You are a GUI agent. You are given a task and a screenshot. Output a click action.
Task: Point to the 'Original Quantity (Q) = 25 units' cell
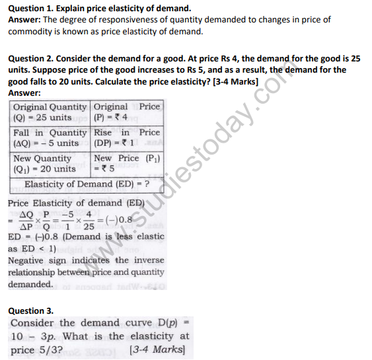click(50, 112)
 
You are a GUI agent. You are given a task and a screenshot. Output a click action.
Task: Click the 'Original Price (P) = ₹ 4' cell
click(127, 112)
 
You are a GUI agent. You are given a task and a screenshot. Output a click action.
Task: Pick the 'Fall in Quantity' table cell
click(50, 137)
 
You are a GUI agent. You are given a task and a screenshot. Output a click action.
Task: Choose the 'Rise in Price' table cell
click(127, 137)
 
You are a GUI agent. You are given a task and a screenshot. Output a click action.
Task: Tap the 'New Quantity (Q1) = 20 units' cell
click(50, 163)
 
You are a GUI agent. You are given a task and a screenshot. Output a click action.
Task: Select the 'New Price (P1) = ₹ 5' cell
click(127, 163)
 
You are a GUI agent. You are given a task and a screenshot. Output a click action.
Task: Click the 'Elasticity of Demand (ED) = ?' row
click(86, 184)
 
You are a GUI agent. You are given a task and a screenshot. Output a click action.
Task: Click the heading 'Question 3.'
click(30, 310)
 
